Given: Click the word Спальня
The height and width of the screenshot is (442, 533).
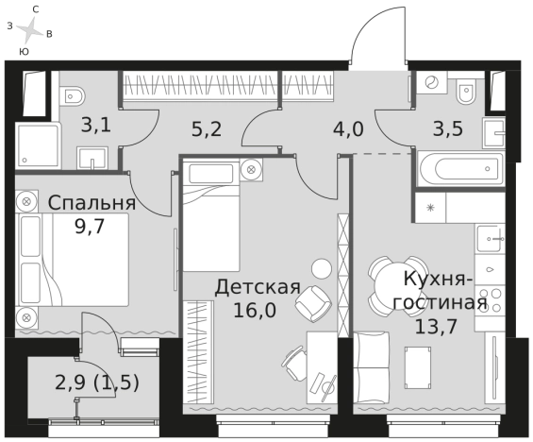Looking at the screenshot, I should click(x=92, y=203).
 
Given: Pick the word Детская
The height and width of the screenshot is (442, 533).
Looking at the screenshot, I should click(x=257, y=287).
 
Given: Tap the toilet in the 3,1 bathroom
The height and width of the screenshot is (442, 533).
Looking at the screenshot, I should click(x=73, y=96).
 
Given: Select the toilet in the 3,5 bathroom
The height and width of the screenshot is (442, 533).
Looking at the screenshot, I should click(x=465, y=93).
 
